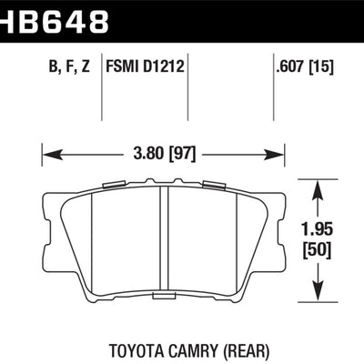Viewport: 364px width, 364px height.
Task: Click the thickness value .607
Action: pyautogui.click(x=291, y=66)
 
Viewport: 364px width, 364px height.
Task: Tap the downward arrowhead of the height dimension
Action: pyautogui.click(x=317, y=295)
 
